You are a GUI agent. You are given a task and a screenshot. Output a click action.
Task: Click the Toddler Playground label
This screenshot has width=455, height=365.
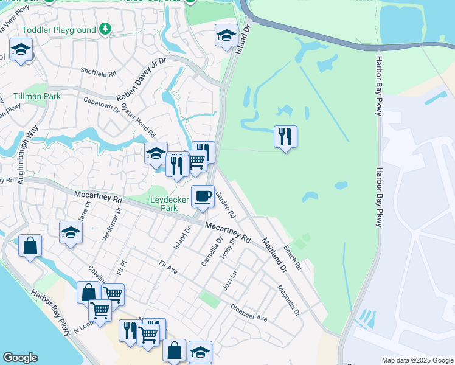pos(59,30)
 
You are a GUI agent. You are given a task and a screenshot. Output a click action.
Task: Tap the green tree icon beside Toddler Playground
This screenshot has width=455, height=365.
pos(106,29)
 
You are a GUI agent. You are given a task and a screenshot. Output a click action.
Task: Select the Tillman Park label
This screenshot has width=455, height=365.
pos(37,96)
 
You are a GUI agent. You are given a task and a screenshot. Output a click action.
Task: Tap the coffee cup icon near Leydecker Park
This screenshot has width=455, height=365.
pos(203,196)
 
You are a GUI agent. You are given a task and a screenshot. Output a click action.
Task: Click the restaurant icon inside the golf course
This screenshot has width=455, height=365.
pos(285,136)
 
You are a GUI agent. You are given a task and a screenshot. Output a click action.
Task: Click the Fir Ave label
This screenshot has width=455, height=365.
pos(167,266)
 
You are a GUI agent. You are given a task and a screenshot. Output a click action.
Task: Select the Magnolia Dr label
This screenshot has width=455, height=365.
pos(289,299)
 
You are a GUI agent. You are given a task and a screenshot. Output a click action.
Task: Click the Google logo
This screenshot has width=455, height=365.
pos(20,358)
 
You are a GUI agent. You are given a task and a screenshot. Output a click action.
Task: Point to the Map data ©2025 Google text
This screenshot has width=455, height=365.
pos(417,360)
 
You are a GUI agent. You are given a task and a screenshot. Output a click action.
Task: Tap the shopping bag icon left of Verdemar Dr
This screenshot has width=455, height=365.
pos(30,246)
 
